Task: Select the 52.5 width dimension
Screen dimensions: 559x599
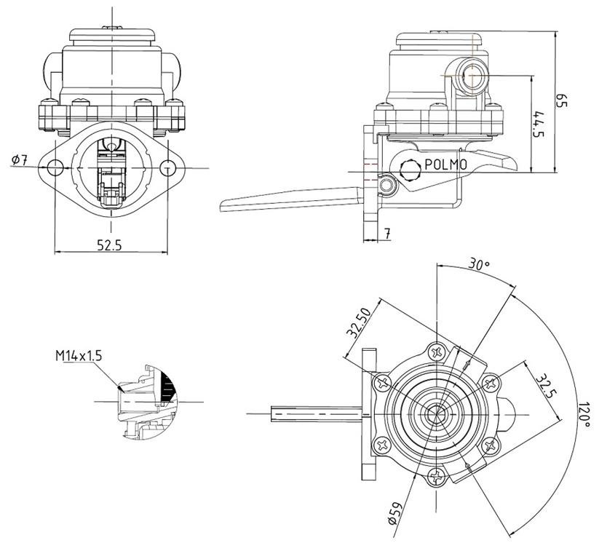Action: pos(109,245)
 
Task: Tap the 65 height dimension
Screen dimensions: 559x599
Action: pos(561,100)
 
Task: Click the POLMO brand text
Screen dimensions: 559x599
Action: pos(445,164)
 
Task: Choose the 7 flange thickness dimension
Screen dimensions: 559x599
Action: pos(387,234)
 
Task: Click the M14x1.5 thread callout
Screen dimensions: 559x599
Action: pos(79,356)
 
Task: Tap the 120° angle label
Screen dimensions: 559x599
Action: pos(583,416)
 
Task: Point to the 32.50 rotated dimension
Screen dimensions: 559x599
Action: pos(360,322)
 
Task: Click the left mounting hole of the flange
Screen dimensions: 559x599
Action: pos(55,168)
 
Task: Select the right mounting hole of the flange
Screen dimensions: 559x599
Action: pos(167,168)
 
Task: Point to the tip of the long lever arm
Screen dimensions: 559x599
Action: pos(226,204)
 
